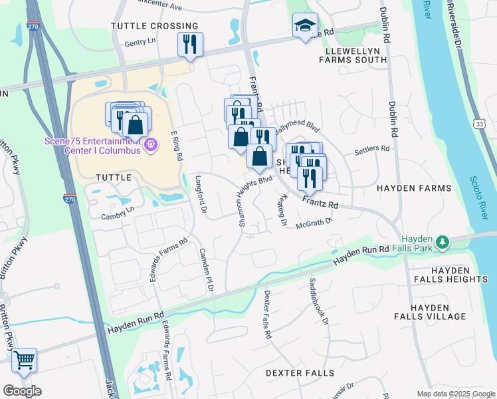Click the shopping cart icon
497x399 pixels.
[x=24, y=360]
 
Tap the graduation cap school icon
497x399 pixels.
[x=305, y=26]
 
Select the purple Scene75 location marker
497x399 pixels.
[x=151, y=144]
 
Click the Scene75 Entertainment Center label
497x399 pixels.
[x=92, y=145]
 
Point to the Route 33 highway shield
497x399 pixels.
[x=480, y=124]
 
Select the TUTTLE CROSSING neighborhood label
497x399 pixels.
[x=154, y=26]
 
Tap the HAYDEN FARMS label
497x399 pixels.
[x=414, y=188]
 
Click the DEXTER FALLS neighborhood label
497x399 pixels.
[x=300, y=373]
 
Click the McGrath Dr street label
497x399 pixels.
[x=314, y=224]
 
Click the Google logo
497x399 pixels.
[x=22, y=391]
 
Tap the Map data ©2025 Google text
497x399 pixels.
[x=455, y=394]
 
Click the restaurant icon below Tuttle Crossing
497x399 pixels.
[x=190, y=45]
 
